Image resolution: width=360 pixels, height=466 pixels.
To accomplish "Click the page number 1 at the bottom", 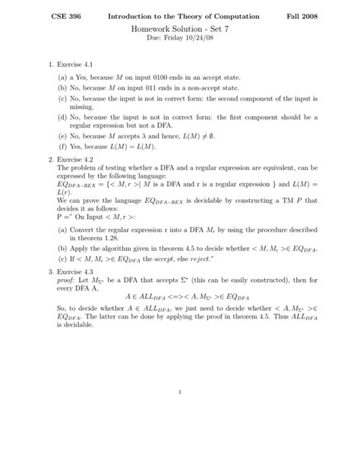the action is click(x=179, y=436).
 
